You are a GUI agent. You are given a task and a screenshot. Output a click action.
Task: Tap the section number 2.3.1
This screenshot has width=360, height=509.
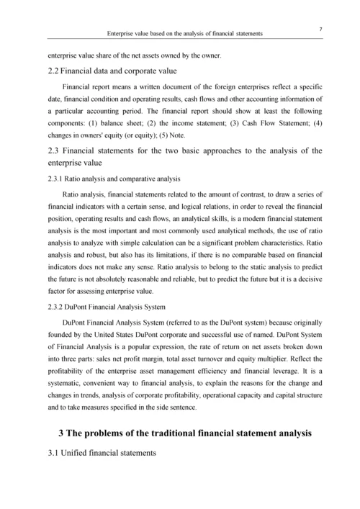coord(57,178)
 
